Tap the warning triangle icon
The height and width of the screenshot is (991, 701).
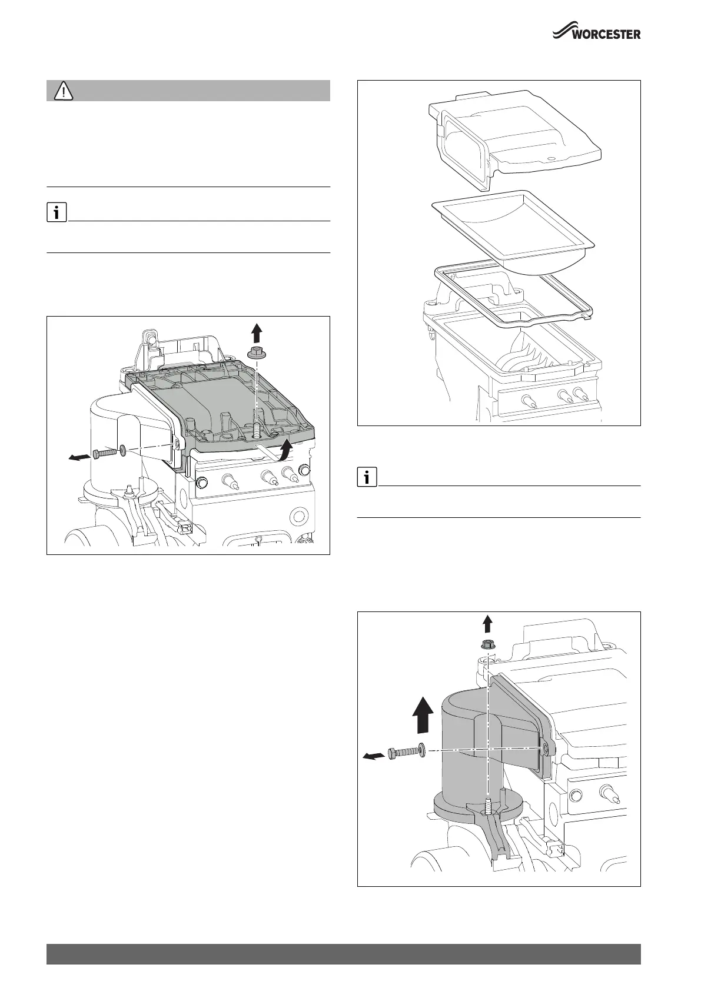63,91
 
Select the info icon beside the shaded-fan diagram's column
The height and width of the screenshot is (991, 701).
367,477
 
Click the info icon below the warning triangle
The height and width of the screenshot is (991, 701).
56,212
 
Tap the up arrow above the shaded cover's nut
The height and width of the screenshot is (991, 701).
256,333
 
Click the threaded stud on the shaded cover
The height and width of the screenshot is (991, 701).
256,431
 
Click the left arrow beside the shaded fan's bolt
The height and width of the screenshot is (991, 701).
371,757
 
